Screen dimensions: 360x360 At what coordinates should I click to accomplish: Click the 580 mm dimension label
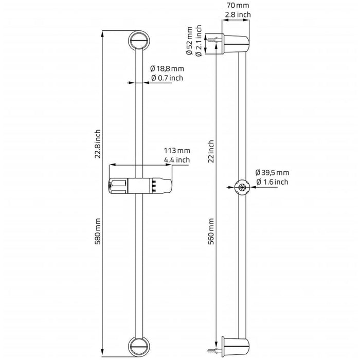click(98, 231)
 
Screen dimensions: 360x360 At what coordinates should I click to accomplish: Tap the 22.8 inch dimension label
click(98, 144)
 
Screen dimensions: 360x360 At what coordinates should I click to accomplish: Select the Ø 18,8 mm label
click(167, 68)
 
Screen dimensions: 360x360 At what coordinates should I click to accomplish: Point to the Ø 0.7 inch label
click(167, 78)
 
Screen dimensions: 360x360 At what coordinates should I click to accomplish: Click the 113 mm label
click(177, 151)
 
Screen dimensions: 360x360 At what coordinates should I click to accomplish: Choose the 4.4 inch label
click(177, 160)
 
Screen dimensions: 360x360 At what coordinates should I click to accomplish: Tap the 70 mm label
click(238, 5)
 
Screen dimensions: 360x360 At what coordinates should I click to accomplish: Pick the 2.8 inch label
click(238, 15)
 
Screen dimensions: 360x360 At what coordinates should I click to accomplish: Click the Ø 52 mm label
click(189, 41)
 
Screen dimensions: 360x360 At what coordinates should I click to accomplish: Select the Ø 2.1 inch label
click(199, 41)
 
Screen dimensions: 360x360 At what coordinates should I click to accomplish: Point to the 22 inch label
click(211, 152)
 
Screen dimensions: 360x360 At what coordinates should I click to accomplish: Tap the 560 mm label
click(211, 231)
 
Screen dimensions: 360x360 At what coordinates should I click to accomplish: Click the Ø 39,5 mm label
click(272, 172)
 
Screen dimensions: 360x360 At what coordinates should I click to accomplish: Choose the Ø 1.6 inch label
click(272, 182)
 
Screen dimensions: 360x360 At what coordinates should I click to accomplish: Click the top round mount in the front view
click(139, 41)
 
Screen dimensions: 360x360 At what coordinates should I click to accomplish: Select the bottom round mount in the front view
click(139, 347)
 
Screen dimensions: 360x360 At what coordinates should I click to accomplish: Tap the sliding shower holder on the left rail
click(140, 186)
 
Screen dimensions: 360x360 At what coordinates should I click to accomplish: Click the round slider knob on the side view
click(242, 187)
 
